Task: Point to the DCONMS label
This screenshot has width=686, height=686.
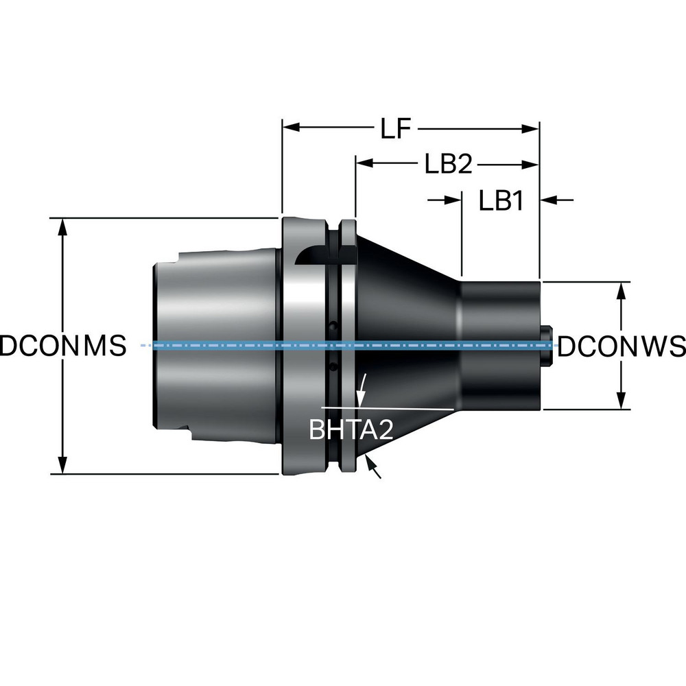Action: coord(63,346)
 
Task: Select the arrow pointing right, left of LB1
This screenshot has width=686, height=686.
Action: coord(452,200)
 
